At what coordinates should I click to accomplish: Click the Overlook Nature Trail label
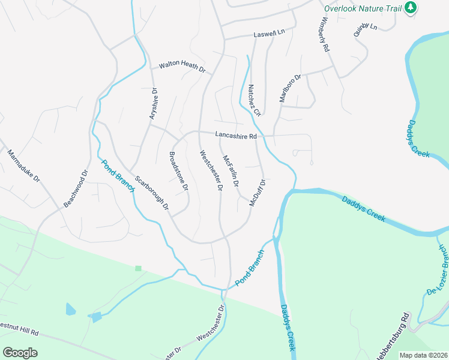point(363,8)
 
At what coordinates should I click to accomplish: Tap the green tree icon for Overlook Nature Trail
point(411,8)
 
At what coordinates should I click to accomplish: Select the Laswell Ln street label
point(269,33)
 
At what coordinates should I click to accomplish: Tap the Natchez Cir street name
point(255,100)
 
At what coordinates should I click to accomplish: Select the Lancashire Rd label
point(237,136)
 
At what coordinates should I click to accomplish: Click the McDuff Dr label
point(258,192)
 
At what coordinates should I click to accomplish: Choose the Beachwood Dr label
point(76,188)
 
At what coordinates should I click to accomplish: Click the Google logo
point(20,353)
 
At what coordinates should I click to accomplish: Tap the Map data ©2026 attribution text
point(423,355)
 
